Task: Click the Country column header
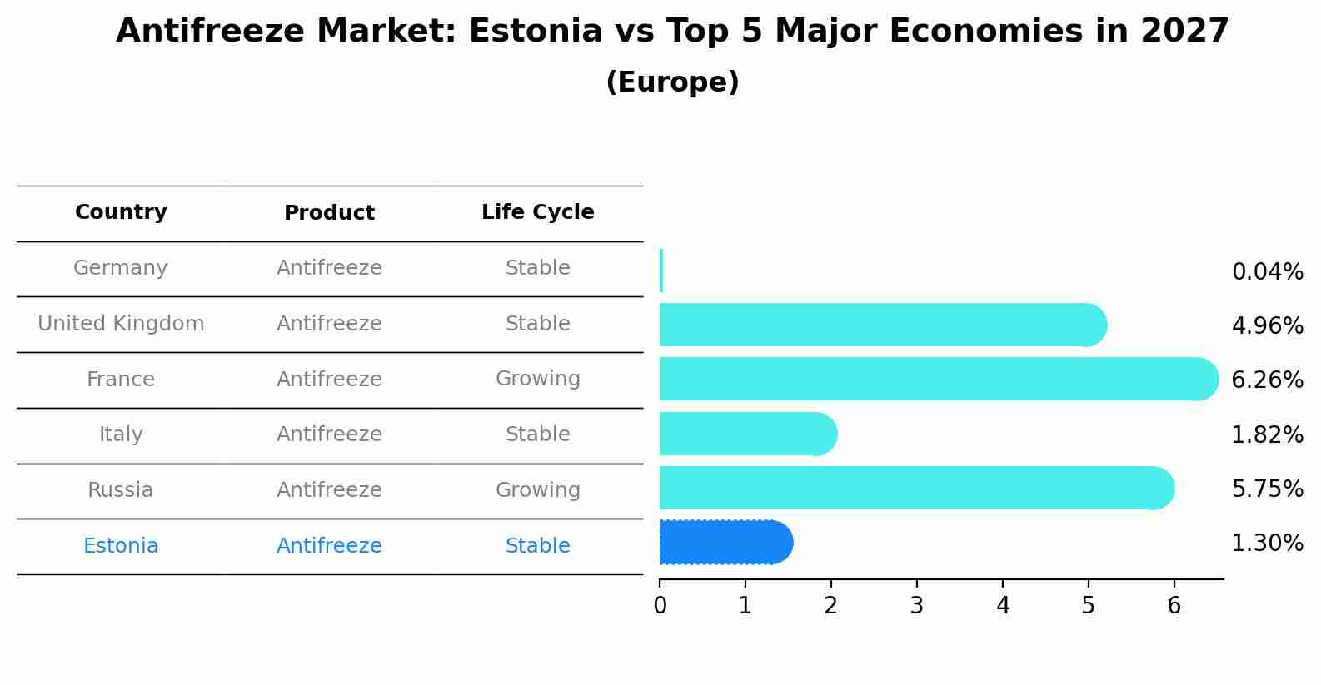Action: click(121, 212)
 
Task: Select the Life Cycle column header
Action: click(537, 212)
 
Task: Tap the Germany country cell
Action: click(121, 268)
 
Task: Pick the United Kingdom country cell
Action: click(121, 324)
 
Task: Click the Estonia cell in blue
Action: click(121, 546)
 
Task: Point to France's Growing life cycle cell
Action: click(537, 379)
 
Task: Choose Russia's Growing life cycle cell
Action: click(537, 490)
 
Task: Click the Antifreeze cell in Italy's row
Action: click(329, 434)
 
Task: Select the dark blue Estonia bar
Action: click(725, 543)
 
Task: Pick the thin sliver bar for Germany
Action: click(661, 271)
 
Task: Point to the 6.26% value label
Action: click(1267, 380)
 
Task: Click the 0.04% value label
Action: click(1267, 272)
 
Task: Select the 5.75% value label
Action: click(1267, 489)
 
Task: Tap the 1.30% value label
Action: click(1267, 544)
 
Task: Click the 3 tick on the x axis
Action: click(917, 606)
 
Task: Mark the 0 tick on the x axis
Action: click(660, 606)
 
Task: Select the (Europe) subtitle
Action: click(672, 82)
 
